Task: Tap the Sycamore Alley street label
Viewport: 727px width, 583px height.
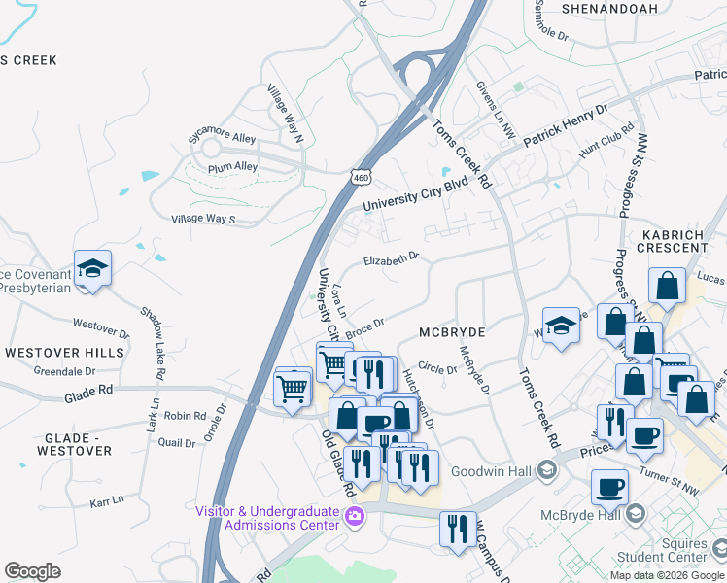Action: (x=223, y=139)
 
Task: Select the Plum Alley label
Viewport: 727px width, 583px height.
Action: (x=232, y=167)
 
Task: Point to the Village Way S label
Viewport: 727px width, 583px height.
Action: (x=203, y=220)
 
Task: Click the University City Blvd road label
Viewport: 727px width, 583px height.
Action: (x=415, y=194)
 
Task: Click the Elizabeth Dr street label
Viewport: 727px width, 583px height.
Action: (x=391, y=258)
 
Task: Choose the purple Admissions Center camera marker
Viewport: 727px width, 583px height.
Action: (x=356, y=516)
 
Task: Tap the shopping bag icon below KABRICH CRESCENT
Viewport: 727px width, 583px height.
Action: (x=668, y=288)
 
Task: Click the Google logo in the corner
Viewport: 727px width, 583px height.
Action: (x=32, y=571)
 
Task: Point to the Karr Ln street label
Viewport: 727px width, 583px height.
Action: (x=107, y=500)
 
